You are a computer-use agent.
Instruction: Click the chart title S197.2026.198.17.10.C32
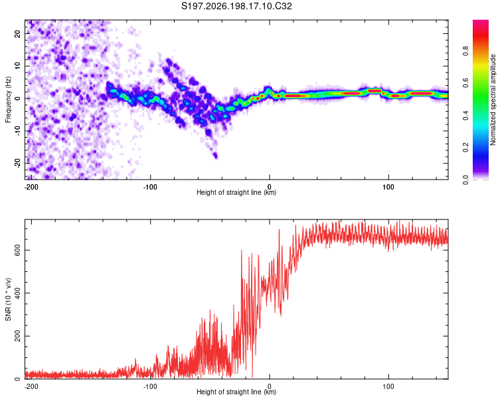coord(236,6)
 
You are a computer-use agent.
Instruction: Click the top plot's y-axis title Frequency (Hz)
coord(8,100)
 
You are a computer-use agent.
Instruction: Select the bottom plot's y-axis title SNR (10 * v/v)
coord(8,299)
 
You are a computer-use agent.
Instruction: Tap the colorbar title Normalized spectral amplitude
coord(493,100)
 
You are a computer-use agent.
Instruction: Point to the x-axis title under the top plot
coord(236,192)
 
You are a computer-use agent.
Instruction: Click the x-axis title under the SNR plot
coord(236,392)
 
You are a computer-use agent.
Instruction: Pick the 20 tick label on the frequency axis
coord(17,33)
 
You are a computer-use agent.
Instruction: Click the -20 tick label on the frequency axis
coord(17,164)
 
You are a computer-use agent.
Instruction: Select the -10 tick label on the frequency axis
coord(17,131)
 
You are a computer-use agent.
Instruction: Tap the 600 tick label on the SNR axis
coord(17,251)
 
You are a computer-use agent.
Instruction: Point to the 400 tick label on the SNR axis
coord(17,293)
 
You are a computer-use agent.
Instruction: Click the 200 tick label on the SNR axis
coord(17,336)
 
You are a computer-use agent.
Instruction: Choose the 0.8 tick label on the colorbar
coord(465,51)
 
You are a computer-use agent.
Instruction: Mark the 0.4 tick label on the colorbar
coord(465,116)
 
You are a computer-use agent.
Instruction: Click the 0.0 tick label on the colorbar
coord(465,180)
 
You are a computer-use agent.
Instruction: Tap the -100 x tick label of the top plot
coord(150,187)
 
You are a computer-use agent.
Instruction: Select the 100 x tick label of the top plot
coord(388,187)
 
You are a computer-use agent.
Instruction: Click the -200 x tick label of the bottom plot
coord(31,386)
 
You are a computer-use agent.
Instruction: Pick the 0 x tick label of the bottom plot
coord(270,386)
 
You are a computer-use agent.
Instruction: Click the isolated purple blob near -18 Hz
coord(215,155)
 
